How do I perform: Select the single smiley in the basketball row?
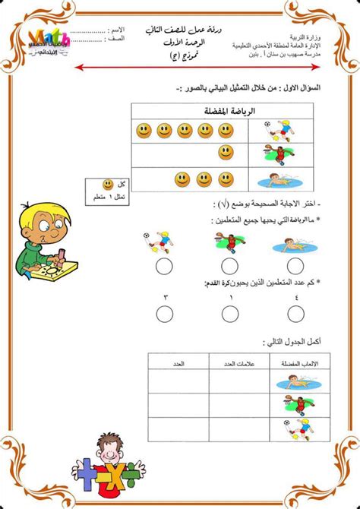[226, 153]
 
